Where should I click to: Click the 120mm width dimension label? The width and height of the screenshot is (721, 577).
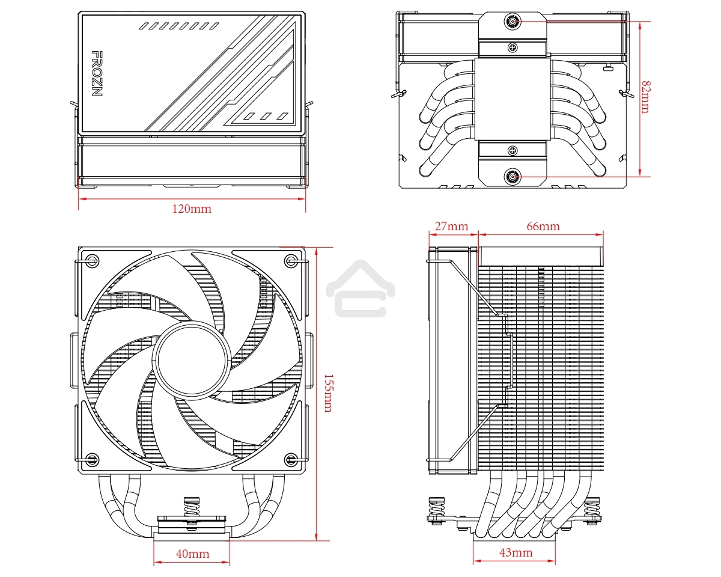(x=192, y=209)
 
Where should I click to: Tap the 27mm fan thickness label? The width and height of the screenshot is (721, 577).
(x=451, y=227)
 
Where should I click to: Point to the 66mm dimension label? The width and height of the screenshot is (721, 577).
(x=543, y=227)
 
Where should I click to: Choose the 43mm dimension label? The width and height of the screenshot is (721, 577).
(x=516, y=552)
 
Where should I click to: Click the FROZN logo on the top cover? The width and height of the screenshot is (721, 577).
(x=96, y=74)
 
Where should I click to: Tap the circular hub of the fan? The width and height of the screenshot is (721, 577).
(x=190, y=359)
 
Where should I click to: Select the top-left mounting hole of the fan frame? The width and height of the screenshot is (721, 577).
(x=92, y=260)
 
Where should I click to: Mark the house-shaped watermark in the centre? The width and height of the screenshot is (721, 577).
(x=360, y=288)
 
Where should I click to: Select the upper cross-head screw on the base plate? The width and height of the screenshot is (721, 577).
(x=512, y=47)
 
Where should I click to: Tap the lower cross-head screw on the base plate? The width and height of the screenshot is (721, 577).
(x=512, y=150)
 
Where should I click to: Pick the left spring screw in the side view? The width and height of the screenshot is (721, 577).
(x=435, y=510)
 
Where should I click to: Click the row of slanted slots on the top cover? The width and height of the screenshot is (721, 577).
(x=179, y=26)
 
